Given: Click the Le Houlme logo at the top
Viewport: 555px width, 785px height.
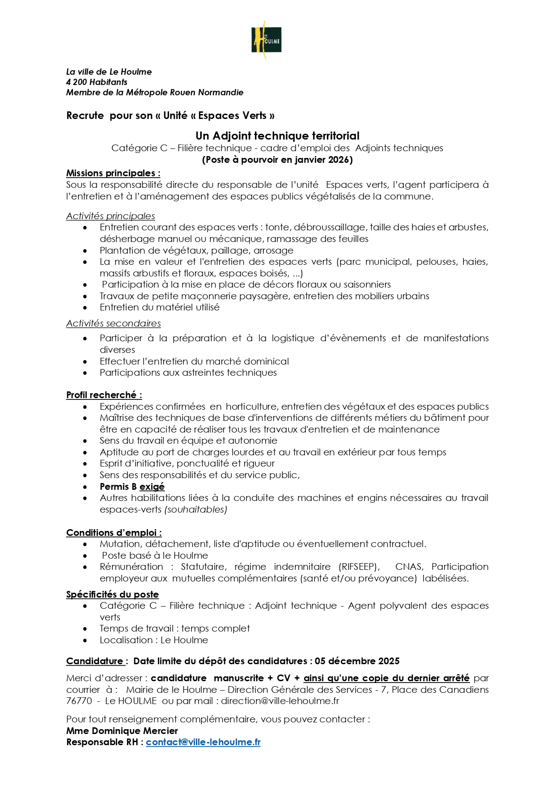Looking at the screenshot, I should [267, 40].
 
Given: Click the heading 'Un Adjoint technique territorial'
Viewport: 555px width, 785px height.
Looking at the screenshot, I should [277, 136].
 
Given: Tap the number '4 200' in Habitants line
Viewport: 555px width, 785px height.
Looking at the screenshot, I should [77, 82].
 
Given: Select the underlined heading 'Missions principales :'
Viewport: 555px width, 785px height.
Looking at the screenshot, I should [113, 173].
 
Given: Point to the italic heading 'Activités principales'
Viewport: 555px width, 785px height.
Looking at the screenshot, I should [110, 216].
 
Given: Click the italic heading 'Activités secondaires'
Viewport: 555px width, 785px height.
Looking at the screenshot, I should [113, 323].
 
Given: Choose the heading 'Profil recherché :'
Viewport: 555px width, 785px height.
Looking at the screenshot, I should [104, 395].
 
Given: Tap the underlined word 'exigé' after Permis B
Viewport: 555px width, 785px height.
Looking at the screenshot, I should [152, 487].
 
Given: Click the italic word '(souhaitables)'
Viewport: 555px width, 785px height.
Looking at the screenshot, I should [196, 509].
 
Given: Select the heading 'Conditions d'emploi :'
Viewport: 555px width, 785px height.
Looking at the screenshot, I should [114, 533].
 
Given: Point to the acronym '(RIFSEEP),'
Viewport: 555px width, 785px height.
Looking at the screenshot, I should [359, 567].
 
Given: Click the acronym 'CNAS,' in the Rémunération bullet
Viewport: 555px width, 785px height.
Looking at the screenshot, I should [409, 567].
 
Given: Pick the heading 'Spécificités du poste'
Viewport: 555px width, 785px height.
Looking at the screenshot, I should [112, 594].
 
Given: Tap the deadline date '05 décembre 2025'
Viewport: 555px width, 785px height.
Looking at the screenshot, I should [357, 661].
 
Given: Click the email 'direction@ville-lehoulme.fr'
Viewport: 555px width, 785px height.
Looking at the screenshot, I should [280, 701].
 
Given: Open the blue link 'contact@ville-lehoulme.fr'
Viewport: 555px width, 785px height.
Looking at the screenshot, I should [203, 742].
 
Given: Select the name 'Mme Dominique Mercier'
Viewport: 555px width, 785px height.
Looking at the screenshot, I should [122, 731].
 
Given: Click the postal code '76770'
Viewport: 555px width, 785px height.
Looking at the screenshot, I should [79, 701].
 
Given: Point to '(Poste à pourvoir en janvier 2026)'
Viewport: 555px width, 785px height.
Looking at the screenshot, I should [277, 160].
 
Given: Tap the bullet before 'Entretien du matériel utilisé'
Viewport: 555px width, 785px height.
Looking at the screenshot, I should [85, 308].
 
